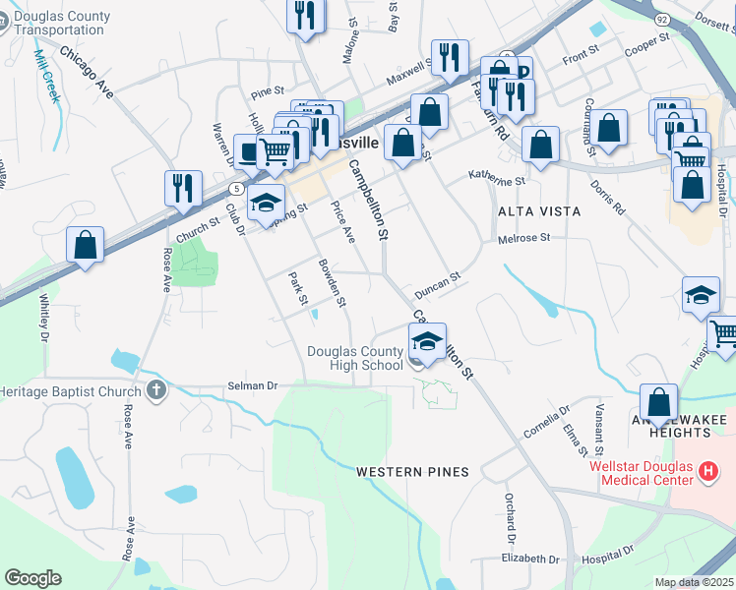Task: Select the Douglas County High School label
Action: tap(354, 358)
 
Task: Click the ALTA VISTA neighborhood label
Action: tap(539, 211)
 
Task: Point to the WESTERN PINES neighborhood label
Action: tap(413, 472)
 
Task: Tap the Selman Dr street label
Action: tap(252, 386)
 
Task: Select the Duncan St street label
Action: tap(437, 286)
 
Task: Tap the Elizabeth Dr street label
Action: tap(529, 559)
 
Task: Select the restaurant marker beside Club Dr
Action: tap(183, 187)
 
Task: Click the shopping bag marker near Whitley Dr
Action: tap(86, 243)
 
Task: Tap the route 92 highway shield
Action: tap(662, 19)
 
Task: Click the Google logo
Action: tap(32, 578)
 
